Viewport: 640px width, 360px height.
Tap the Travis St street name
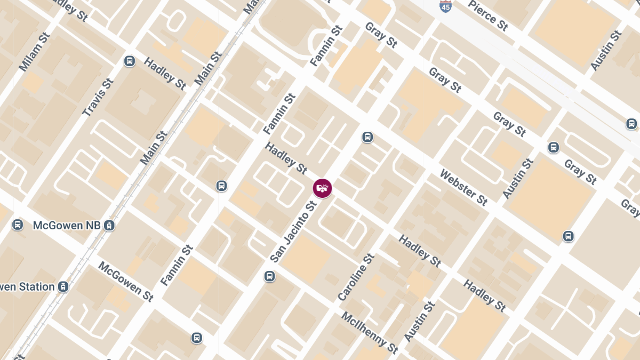[99, 98]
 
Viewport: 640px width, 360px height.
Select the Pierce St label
[488, 15]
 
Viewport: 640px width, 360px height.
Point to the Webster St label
[463, 188]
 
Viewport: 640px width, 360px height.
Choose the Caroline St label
[356, 277]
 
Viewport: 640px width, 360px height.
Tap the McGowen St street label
[126, 282]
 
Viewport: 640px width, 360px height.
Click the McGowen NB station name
[67, 225]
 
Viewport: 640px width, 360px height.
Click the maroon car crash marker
[322, 188]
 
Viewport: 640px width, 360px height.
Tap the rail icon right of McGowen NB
[109, 225]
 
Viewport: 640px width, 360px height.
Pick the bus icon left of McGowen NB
[18, 225]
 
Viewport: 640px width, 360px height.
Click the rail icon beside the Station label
[63, 287]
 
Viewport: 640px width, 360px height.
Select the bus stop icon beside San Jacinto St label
[270, 276]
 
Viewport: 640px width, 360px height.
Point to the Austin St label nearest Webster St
[518, 179]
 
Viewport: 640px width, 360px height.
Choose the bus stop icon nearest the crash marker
[367, 137]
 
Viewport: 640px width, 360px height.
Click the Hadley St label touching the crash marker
[286, 158]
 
